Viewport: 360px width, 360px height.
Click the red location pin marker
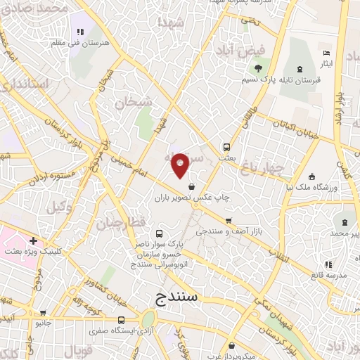pos(181,165)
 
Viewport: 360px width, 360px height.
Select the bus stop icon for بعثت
pos(226,148)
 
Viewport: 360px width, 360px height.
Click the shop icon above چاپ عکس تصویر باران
pos(192,186)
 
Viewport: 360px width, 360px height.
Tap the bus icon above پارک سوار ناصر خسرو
pos(159,233)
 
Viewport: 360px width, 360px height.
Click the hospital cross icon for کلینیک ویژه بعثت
pos(33,241)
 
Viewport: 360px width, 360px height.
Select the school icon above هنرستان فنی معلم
pos(79,31)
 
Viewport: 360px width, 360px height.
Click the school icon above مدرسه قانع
pos(328,264)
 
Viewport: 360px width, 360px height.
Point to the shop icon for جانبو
pos(44,314)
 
